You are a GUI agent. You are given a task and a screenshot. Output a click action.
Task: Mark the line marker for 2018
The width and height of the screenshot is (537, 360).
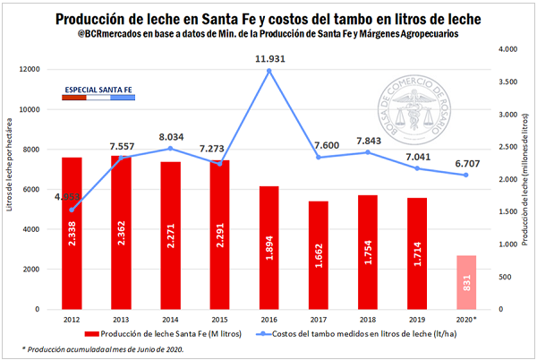tap(368, 152)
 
